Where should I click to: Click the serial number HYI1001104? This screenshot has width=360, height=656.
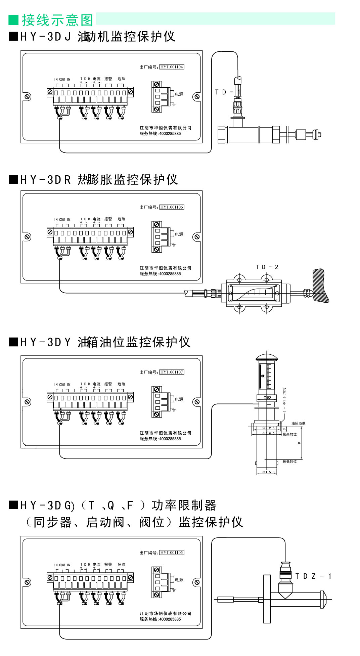click(172, 67)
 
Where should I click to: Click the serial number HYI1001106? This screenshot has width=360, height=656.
click(172, 207)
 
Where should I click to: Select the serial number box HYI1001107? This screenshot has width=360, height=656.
click(172, 372)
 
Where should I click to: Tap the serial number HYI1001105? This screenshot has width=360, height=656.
click(172, 552)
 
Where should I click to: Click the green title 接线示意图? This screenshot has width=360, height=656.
click(57, 20)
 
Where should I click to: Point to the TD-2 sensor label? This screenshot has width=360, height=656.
click(267, 267)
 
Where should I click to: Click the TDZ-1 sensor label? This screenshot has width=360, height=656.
click(313, 576)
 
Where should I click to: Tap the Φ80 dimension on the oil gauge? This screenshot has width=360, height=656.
click(267, 397)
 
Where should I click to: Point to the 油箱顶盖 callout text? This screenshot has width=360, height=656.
click(298, 423)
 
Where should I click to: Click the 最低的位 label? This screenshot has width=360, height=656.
click(289, 462)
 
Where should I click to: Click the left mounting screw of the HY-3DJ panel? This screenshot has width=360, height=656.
click(28, 97)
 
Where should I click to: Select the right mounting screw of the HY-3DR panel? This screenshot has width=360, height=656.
click(197, 237)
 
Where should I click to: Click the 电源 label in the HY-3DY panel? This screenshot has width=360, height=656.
click(179, 399)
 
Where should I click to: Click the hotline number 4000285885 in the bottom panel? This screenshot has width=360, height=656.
click(170, 619)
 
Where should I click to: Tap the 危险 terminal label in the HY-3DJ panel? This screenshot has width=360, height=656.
click(121, 79)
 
